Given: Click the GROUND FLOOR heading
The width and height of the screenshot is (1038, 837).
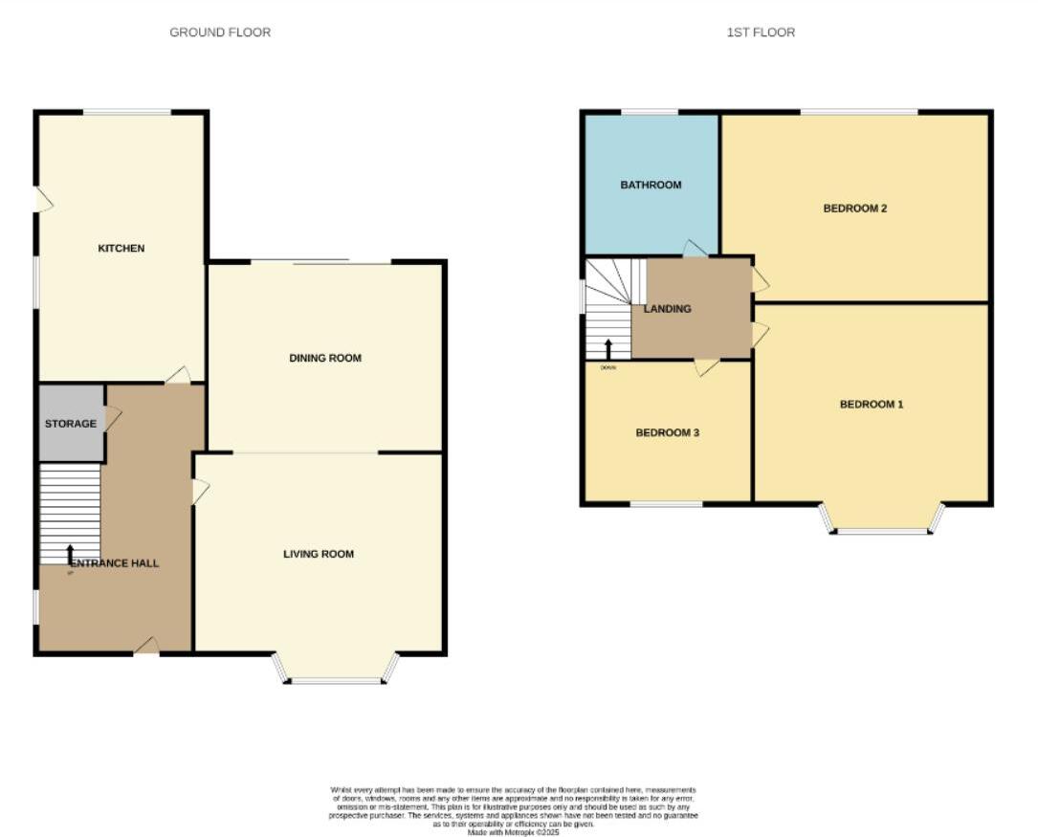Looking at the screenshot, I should point(220,33).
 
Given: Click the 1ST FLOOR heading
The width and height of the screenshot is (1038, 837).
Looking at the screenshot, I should point(761,33).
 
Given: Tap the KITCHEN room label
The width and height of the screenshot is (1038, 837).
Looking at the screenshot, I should point(121,249).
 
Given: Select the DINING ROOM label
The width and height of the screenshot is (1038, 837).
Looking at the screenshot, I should point(325,359).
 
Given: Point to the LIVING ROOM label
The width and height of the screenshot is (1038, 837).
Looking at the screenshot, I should point(319,554).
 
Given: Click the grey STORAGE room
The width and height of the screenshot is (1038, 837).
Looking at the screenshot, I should point(71,424).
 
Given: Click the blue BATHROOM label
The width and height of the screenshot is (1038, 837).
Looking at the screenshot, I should point(651,185).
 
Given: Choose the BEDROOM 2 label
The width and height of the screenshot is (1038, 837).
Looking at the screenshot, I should point(855,208).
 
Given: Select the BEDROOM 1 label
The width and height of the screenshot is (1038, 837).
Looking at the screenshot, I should point(872,405).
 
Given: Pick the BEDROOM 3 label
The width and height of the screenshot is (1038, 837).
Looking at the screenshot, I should point(668,433).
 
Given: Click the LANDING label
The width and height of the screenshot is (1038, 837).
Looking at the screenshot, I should point(667,309).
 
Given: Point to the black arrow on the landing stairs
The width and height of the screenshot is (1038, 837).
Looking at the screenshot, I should point(608,348).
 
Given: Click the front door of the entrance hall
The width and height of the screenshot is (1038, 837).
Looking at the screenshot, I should point(146,649).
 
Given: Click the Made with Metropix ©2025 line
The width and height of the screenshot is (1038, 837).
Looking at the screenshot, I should point(513,832).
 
